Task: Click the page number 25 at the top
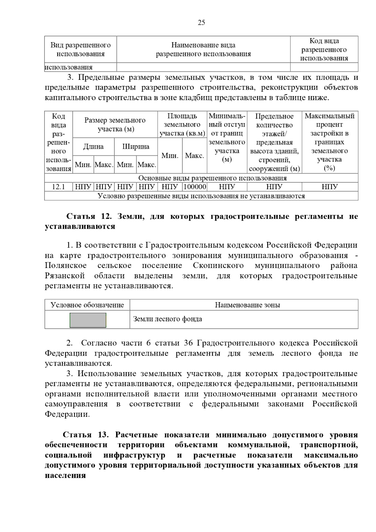pos(201,23)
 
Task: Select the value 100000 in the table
pos(195,187)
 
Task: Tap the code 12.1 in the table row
pos(58,187)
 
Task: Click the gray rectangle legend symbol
pos(88,320)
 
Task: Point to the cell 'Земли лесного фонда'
pos(168,319)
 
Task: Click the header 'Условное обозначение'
pos(87,305)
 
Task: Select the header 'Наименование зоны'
pos(247,305)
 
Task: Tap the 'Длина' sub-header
pos(93,147)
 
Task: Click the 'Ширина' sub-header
pos(136,147)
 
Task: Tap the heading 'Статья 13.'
pos(85,435)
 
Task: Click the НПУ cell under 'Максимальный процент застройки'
pos(330,187)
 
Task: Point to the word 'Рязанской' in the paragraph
pos(65,276)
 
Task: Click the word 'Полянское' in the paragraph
pos(65,265)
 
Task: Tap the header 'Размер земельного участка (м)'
pos(115,124)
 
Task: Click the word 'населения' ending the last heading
pos(65,475)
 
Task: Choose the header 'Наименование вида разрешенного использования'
pos(203,50)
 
